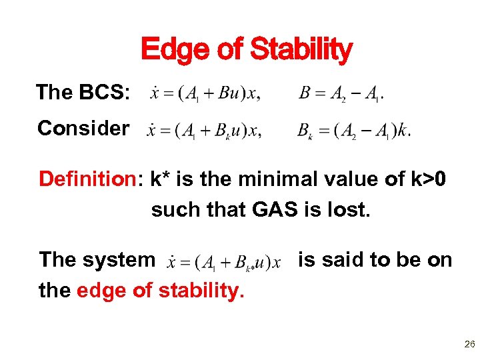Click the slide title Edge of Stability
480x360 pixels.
pyautogui.click(x=246, y=49)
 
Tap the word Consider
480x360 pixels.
pyautogui.click(x=83, y=128)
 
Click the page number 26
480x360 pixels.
pyautogui.click(x=469, y=345)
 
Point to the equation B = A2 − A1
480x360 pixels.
pyautogui.click(x=341, y=94)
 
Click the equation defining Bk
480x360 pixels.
pyautogui.click(x=353, y=130)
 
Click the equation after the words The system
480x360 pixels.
pyautogui.click(x=224, y=261)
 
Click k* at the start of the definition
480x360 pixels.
pyautogui.click(x=162, y=179)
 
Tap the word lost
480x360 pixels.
pyautogui.click(x=346, y=209)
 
